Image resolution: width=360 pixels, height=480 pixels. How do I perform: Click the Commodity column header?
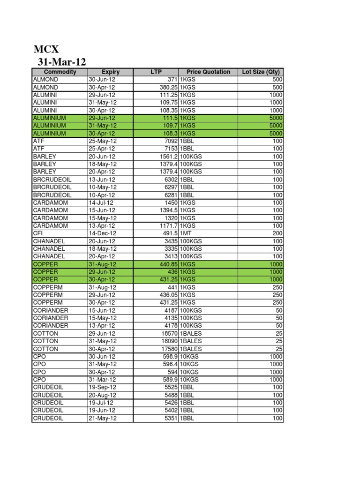pos(60,72)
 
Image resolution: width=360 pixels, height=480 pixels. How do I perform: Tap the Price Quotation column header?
pos(208,72)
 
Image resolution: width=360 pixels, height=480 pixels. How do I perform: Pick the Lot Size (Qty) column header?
pos(261,72)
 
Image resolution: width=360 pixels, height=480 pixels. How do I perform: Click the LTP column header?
pos(156,72)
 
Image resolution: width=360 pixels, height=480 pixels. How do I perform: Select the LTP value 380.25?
pos(168,87)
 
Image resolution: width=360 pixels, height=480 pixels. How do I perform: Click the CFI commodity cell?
pos(38,233)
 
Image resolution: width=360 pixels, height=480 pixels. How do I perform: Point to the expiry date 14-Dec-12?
pos(103,233)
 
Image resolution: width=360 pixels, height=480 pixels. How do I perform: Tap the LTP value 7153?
pos(170,149)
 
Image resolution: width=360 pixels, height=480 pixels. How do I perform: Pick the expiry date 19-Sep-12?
pos(103,387)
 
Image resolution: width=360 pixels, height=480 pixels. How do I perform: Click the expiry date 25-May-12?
pos(103,141)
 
